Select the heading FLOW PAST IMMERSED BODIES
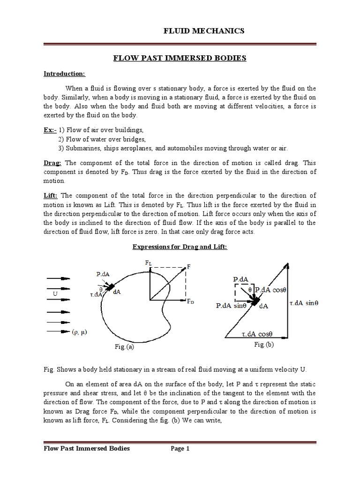tap(180, 58)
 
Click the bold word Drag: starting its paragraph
tap(52, 162)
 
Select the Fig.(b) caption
tap(264, 345)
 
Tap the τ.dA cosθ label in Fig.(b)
tap(257, 334)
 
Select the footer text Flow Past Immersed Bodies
tap(87, 449)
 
